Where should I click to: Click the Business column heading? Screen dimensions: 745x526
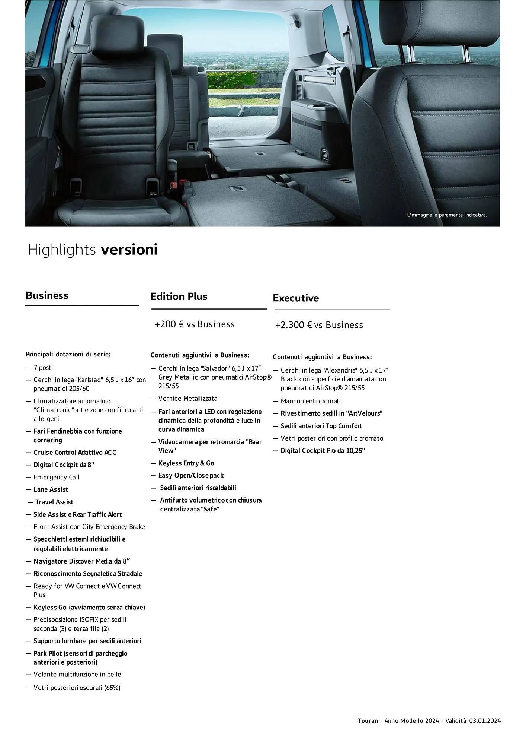tap(47, 295)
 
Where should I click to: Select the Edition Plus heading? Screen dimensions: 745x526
tap(179, 297)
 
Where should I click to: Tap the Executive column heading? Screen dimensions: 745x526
tap(295, 298)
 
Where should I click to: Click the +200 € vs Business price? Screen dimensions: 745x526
tap(195, 324)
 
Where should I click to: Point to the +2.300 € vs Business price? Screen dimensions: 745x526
tap(319, 325)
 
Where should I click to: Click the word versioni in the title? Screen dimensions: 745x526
tap(129, 250)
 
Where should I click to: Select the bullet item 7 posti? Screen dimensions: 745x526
tap(43, 368)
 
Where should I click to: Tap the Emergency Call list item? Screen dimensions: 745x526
tap(56, 477)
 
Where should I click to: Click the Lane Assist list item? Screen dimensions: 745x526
tap(51, 489)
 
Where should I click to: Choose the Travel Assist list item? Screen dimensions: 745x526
tap(54, 502)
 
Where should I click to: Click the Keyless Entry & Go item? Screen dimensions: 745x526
tap(186, 463)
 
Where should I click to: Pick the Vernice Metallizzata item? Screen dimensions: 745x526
tap(187, 399)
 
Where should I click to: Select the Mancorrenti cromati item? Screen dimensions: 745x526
tap(310, 401)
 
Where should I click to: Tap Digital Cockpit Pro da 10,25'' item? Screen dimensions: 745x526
tap(323, 451)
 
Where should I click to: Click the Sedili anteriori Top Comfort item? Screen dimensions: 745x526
tap(321, 426)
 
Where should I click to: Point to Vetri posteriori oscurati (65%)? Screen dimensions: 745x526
tap(77, 688)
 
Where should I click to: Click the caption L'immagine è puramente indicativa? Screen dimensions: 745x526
tap(447, 215)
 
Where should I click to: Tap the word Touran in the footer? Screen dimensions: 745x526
tap(368, 720)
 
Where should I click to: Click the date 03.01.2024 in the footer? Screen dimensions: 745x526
tap(484, 720)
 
